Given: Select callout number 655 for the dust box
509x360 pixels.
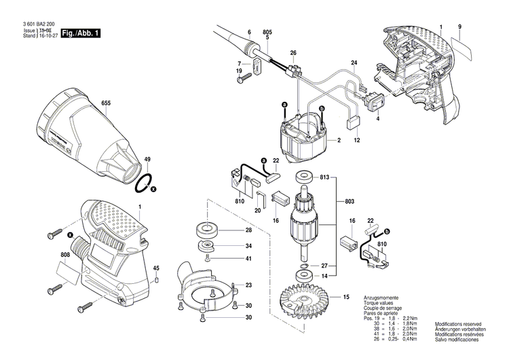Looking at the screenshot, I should click(x=106, y=104).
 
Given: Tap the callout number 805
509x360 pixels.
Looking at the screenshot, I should click(x=267, y=33).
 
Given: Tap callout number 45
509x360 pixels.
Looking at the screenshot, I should click(x=156, y=267).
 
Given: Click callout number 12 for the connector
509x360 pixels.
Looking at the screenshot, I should click(x=357, y=140).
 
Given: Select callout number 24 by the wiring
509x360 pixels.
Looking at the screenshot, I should click(x=354, y=63).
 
